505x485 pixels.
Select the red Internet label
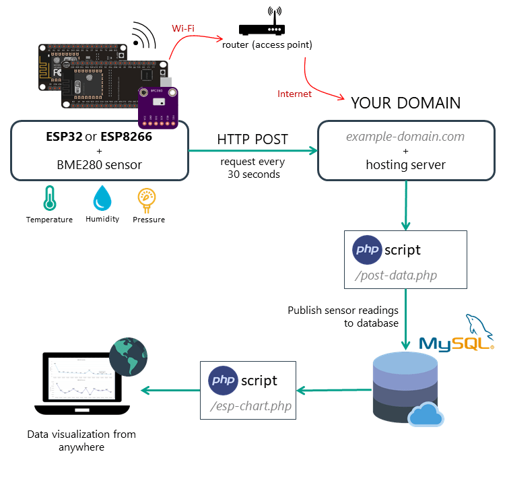click(x=295, y=94)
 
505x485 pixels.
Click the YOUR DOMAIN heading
click(x=405, y=103)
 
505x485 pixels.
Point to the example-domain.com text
click(x=405, y=137)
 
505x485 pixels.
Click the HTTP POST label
click(x=252, y=139)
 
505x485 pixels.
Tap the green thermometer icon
click(x=49, y=199)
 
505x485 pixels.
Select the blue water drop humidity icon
click(x=102, y=199)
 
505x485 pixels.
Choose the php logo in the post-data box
click(x=367, y=250)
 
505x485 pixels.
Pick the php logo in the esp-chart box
click(x=223, y=380)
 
